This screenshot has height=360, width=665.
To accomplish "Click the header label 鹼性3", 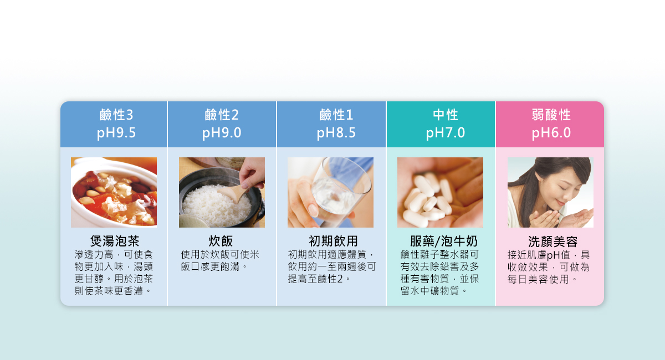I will [x=116, y=115].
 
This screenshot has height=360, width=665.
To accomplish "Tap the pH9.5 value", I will [x=116, y=133].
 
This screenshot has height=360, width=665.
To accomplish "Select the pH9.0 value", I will [x=222, y=133].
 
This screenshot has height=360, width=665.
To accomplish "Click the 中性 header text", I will [x=445, y=115].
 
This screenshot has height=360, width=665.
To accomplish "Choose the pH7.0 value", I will [x=445, y=133].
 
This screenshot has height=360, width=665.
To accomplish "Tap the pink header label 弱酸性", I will [x=551, y=115].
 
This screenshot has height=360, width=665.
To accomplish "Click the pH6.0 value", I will [x=551, y=133].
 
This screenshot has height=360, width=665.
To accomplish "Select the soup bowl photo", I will [x=114, y=192].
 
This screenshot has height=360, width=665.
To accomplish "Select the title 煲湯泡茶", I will [x=115, y=241].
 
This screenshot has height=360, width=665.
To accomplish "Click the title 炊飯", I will [x=221, y=241].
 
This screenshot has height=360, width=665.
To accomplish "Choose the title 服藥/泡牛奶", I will [x=443, y=241].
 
